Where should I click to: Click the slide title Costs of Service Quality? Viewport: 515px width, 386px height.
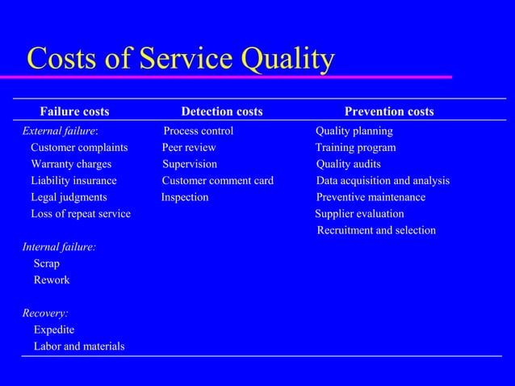coord(180,59)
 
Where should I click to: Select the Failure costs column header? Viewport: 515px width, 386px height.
coord(75,111)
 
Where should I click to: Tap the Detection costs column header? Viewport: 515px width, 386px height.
coord(221,111)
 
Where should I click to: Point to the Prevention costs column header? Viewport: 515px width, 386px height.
coord(389,111)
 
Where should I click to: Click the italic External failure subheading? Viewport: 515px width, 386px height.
coord(60,131)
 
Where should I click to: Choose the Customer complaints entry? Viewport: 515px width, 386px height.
coord(79,148)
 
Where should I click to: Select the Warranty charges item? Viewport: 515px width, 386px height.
coord(71,164)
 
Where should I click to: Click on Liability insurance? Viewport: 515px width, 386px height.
coord(73,181)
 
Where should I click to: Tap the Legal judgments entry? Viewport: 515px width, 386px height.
coord(69,197)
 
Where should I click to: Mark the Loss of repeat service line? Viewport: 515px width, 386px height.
coord(81,214)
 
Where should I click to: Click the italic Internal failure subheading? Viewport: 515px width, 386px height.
coord(59,247)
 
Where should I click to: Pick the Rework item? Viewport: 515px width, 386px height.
coord(52,280)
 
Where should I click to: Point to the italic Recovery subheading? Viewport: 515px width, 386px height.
coord(45,313)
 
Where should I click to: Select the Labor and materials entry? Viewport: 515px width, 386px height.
coord(79,346)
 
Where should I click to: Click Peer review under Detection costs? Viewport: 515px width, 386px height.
coord(189,148)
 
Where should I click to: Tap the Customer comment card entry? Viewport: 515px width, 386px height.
coord(218,181)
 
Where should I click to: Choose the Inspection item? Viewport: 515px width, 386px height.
coord(185,197)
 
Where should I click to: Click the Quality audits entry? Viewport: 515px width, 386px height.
coord(349,164)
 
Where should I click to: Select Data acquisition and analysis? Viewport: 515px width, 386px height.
coord(383,181)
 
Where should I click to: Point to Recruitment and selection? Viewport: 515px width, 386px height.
coord(376,231)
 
